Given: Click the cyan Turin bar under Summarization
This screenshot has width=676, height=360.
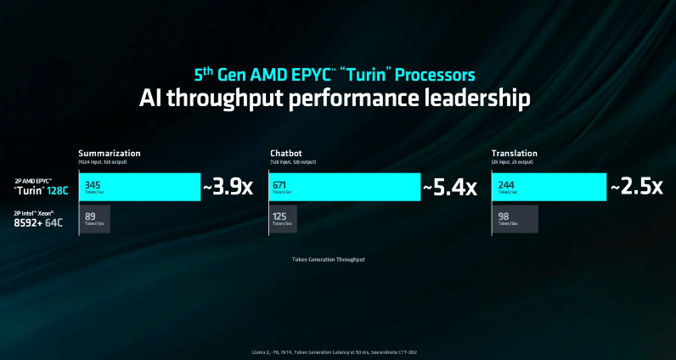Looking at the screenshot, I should [x=139, y=187].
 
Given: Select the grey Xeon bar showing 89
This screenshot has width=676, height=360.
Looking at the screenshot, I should [x=94, y=219].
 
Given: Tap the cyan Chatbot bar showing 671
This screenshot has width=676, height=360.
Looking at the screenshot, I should [x=344, y=187].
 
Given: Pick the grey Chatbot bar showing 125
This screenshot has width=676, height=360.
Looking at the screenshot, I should [x=286, y=219].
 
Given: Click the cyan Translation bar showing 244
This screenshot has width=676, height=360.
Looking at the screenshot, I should [x=548, y=187].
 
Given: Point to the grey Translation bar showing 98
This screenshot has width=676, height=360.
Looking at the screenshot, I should [x=514, y=219].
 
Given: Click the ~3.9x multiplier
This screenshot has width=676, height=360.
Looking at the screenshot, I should [x=228, y=187].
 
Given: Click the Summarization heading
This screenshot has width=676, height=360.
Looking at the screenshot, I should [x=110, y=153].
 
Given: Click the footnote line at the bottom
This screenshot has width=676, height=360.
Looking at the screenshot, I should [x=337, y=351].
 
